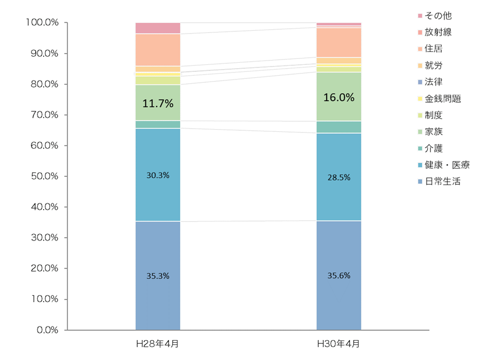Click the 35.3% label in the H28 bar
[x=158, y=276]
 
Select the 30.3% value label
[x=158, y=175]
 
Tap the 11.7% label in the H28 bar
[x=158, y=103]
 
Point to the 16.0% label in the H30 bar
[x=339, y=97]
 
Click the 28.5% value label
[x=339, y=177]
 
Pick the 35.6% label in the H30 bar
[x=339, y=276]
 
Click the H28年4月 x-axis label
[x=158, y=344]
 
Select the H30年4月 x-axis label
[x=339, y=344]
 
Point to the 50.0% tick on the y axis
[x=45, y=176]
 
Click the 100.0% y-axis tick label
[x=42, y=22]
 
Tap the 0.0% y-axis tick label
[x=48, y=330]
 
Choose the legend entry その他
[x=435, y=16]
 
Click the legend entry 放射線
[x=435, y=32]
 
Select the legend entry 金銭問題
[x=440, y=99]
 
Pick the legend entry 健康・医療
[x=444, y=165]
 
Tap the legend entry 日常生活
[x=440, y=181]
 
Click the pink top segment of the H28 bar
[x=158, y=28]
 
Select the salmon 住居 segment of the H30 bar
[x=339, y=43]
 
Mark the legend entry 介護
[x=430, y=148]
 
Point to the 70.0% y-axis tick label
[x=45, y=115]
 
